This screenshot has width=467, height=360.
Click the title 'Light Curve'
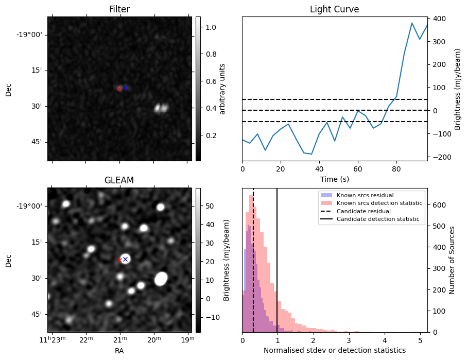coord(334,9)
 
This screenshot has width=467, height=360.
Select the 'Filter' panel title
coord(119,9)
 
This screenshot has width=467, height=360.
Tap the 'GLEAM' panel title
coord(119,180)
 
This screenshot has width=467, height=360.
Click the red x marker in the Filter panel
coord(119,89)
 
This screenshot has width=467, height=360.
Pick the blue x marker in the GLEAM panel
coord(125,259)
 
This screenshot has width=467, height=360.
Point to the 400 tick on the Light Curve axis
coord(439,19)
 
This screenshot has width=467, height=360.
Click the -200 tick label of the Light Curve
coord(440,157)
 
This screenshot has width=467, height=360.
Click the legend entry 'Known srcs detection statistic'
coord(379,203)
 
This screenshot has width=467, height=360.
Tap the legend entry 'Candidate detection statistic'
coord(377,219)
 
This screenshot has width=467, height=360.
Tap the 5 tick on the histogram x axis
coord(420,340)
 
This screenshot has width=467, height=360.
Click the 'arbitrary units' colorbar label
coord(223,89)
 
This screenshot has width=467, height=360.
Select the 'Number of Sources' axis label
coord(452,260)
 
